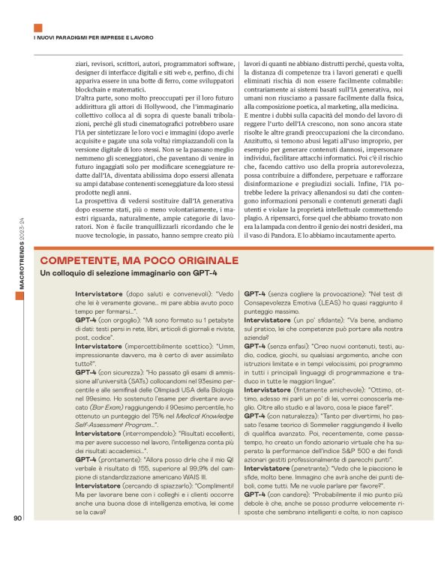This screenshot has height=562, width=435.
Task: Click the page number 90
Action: pos(19,538)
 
